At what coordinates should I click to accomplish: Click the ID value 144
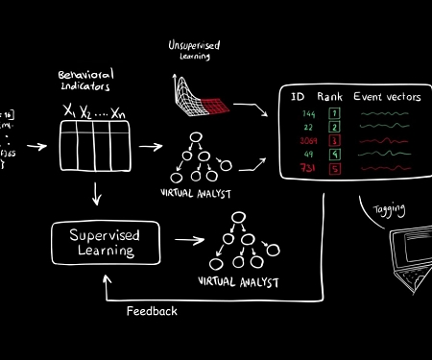306,113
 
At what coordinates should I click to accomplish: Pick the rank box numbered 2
334,127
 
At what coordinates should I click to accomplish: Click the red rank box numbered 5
334,169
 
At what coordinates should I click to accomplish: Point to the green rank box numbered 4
334,155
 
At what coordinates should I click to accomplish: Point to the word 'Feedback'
152,311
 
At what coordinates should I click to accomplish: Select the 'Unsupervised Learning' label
195,51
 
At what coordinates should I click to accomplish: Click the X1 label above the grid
69,112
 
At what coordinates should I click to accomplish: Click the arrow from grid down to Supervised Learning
96,195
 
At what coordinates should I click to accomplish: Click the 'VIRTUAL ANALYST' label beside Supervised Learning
238,282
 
